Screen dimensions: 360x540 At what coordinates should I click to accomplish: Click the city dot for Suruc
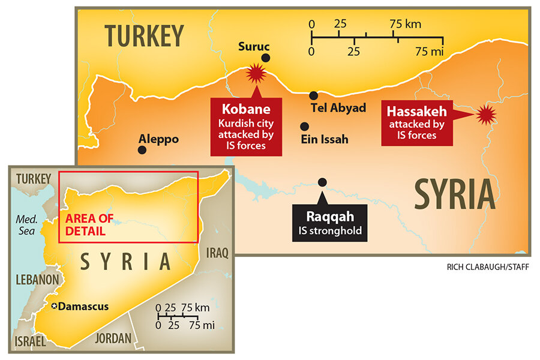coord(266,58)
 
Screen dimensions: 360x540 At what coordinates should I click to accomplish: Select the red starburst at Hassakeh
coord(485,113)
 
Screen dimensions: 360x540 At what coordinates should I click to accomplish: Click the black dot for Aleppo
coord(142,150)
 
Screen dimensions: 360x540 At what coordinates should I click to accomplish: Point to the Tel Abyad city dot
coord(313,95)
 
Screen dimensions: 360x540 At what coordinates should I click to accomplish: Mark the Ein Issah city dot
coord(305,127)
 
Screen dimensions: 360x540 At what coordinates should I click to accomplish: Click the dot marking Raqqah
coord(322,182)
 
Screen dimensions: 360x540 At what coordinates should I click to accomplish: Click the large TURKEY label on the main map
coord(144,36)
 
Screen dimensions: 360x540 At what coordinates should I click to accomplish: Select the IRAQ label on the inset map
coord(217,253)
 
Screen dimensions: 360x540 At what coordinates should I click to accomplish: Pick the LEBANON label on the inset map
coord(37,280)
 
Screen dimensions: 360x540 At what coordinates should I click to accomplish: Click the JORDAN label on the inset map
coord(113,338)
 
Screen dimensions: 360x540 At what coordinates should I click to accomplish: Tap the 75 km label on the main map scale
coord(405,25)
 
